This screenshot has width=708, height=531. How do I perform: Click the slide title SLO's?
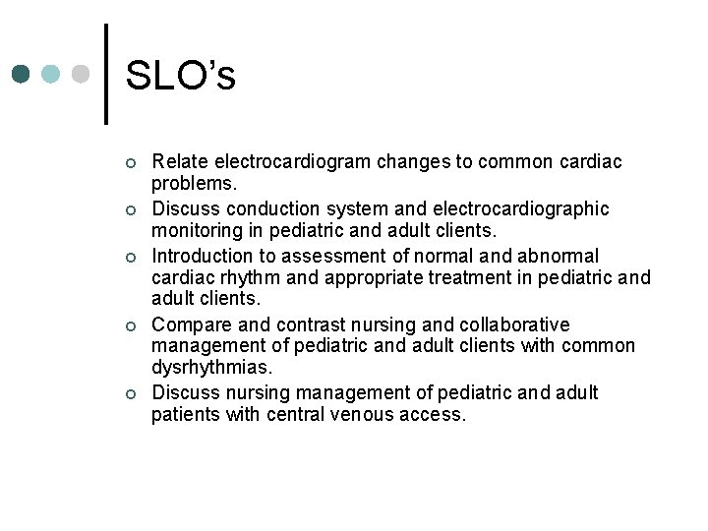click(181, 75)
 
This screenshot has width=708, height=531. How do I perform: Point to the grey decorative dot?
click(82, 75)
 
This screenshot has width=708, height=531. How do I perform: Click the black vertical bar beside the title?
click(106, 75)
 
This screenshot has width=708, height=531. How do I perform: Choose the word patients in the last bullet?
click(186, 415)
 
